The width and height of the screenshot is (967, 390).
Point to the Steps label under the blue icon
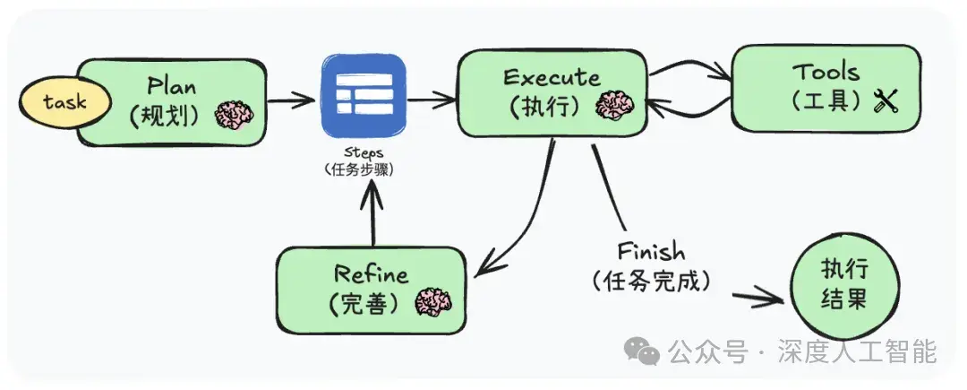(363, 152)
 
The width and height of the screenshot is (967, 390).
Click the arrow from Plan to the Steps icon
(291, 99)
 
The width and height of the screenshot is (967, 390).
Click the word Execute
(552, 78)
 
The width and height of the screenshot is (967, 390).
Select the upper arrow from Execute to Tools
(689, 69)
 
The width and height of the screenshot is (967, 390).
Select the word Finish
(651, 251)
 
